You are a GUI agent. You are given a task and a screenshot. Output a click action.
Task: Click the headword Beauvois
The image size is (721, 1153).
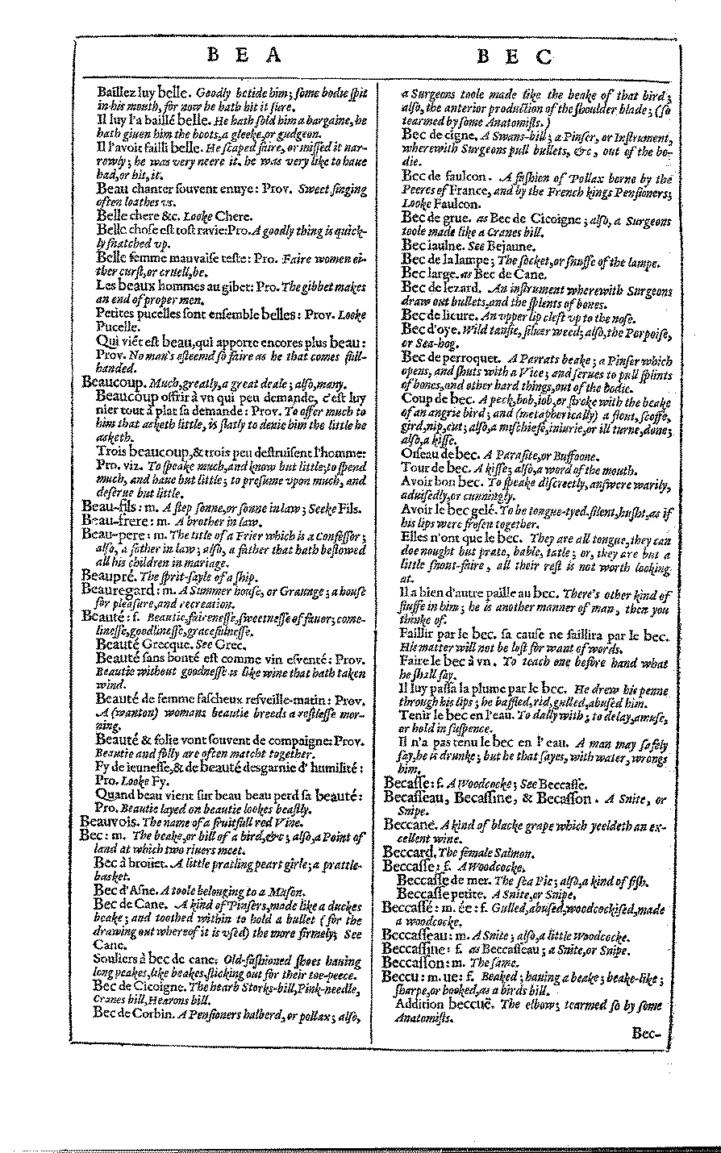111,822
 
